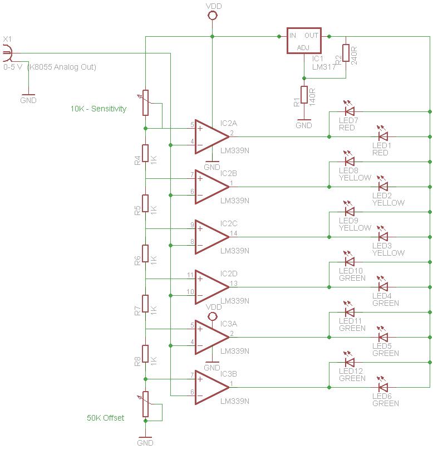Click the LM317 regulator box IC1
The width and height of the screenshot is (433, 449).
(304, 41)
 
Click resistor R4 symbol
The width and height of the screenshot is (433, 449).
(145, 153)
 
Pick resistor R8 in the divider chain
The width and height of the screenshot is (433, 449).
(145, 354)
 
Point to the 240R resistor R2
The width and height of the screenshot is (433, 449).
(346, 53)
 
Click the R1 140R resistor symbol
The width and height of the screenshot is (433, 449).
(304, 95)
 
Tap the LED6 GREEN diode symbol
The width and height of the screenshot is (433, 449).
(383, 387)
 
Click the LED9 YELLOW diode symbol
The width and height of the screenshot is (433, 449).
(350, 211)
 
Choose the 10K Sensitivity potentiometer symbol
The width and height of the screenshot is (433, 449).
(146, 103)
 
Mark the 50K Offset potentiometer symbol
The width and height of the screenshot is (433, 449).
(146, 404)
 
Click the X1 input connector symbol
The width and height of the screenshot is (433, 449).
(7, 53)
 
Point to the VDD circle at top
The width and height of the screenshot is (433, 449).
(212, 15)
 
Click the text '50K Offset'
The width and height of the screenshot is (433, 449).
(105, 418)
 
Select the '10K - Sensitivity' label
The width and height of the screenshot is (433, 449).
(99, 109)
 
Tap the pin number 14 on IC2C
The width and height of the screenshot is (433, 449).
(233, 233)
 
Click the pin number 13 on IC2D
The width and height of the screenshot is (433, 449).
(233, 283)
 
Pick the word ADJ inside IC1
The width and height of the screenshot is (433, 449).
(304, 47)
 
